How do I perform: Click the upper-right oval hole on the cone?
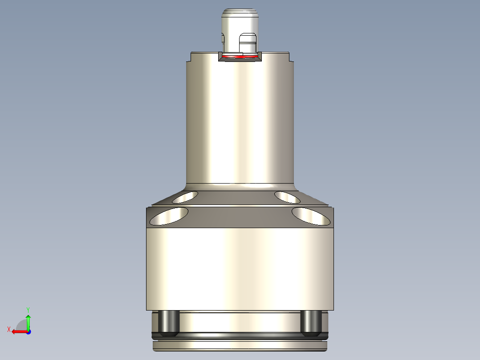pos(288,196)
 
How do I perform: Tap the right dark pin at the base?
pos(311,323)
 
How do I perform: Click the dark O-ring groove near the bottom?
pos(240,334)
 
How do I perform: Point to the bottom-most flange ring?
pos(240,345)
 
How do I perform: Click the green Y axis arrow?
pos(28,320)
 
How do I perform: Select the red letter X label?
pos(8,329)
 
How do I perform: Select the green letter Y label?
pos(28,309)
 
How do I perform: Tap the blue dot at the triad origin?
pos(28,331)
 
